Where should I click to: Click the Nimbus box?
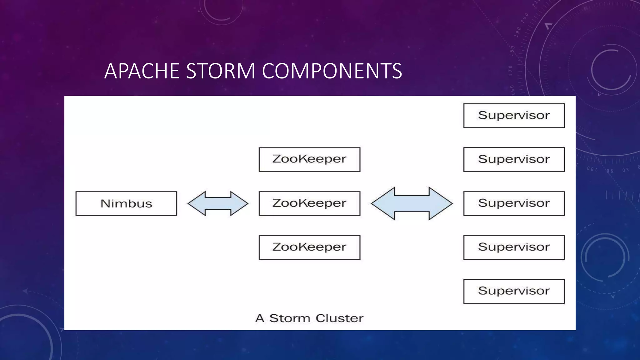126,203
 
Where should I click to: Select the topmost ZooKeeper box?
309,159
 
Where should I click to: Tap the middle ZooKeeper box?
309,203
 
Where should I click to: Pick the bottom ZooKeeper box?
309,247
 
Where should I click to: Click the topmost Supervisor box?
514,116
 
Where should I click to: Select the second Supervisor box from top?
514,159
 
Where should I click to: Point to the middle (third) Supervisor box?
514,203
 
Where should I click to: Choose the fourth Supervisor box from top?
514,247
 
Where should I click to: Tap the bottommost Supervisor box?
514,291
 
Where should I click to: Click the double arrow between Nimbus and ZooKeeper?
218,203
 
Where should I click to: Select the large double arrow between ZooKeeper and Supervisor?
412,203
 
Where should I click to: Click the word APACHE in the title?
142,71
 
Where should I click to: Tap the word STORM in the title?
221,71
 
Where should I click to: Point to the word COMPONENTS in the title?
332,71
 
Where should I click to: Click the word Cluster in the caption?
339,318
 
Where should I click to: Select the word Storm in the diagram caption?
289,318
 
